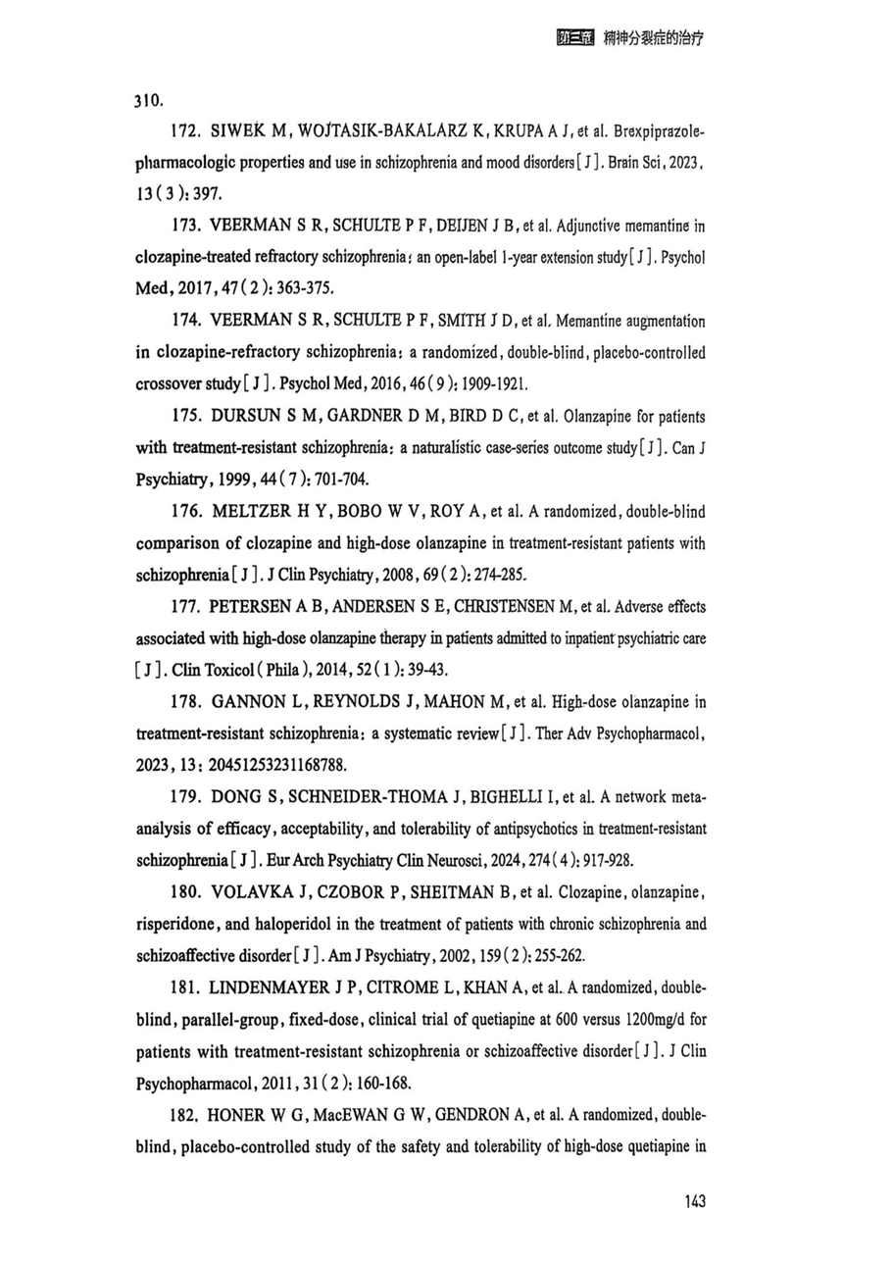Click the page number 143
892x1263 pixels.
[x=691, y=1201]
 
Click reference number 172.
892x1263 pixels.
[x=187, y=131]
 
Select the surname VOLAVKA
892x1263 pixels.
[x=255, y=893]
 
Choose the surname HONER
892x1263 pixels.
[x=241, y=1115]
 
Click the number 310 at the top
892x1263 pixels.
[x=148, y=100]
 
